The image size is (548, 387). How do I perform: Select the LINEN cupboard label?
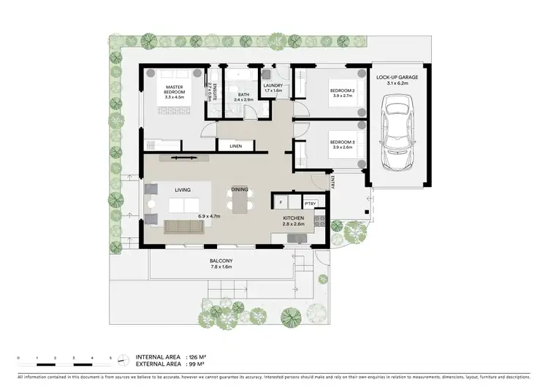[235, 146]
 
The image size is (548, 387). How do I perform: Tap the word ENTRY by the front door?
[332, 183]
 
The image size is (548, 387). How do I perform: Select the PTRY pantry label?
[300, 204]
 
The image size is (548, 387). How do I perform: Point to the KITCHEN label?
[293, 218]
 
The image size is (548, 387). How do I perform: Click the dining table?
[240, 205]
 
